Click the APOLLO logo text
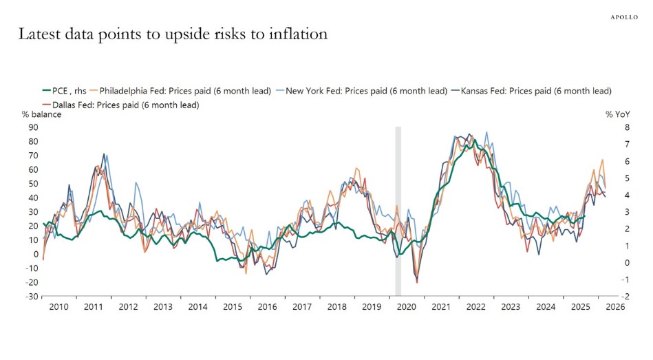coord(625,17)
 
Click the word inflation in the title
coord(298,34)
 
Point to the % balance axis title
coord(41,114)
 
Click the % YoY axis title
coord(618,114)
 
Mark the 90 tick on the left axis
coord(33,127)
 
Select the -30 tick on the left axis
coord(32,297)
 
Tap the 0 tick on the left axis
coord(36,254)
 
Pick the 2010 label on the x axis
coord(58,308)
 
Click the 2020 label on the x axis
coord(407,308)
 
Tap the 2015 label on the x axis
coord(233,308)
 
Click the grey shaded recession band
coord(398,207)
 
